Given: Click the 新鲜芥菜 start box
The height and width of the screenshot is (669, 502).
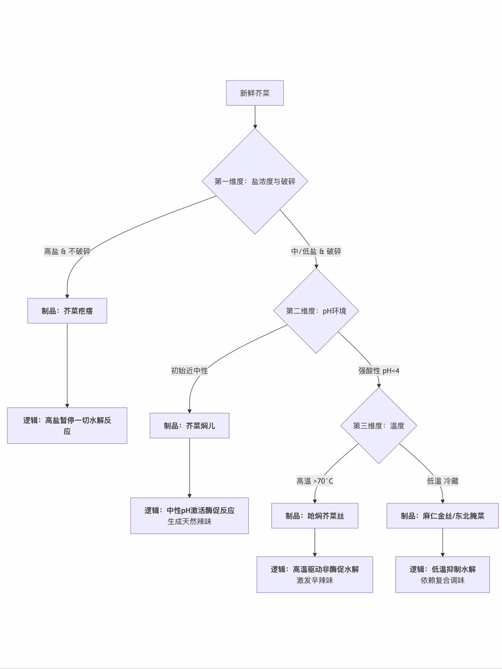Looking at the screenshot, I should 255,93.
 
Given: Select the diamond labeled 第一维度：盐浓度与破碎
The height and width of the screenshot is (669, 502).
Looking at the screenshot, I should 255,181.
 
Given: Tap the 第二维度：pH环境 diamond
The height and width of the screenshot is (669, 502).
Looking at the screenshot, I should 316,311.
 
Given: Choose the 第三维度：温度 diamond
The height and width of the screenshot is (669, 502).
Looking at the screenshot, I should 378,426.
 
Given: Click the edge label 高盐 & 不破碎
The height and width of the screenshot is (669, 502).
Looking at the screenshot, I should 67,251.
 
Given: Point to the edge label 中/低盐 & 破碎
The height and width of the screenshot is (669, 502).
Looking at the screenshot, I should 316,251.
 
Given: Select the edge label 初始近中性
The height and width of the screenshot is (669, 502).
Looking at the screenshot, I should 189,371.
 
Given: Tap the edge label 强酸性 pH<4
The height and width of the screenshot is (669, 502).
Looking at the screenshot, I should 378,371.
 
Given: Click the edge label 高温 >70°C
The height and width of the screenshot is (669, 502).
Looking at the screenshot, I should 315,481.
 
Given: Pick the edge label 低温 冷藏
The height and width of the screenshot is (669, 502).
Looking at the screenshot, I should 443,481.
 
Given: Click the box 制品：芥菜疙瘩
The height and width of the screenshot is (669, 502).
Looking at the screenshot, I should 67,311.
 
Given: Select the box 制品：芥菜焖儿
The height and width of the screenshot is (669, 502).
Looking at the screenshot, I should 189,426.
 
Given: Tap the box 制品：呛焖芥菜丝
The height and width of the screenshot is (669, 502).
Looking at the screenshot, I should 315,516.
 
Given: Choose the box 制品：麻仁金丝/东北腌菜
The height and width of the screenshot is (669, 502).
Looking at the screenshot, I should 443,516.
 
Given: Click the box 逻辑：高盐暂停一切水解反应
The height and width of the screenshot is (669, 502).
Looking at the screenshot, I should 67,426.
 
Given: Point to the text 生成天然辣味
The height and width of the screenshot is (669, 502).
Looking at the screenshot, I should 189,522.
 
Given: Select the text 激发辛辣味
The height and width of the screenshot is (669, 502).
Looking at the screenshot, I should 315,580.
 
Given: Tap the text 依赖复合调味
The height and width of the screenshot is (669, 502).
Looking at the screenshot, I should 443,580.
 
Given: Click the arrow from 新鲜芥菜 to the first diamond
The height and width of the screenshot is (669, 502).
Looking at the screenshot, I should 255,117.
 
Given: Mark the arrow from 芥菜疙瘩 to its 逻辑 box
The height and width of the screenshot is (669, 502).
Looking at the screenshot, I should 67,365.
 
